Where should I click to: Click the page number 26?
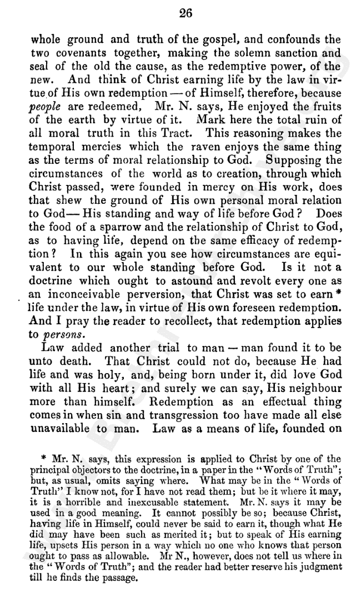click(185, 15)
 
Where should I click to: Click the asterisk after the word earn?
click(337, 292)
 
